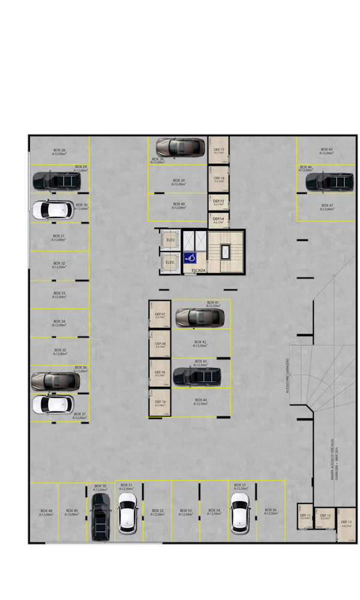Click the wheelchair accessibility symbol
[191, 259]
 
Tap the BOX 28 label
[59, 151]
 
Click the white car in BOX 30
[53, 209]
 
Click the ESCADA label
[199, 271]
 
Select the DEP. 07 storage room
[160, 314]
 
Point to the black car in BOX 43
[197, 376]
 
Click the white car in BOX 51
[127, 513]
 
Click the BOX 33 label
[59, 295]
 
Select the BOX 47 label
[327, 207]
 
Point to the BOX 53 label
[185, 512]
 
